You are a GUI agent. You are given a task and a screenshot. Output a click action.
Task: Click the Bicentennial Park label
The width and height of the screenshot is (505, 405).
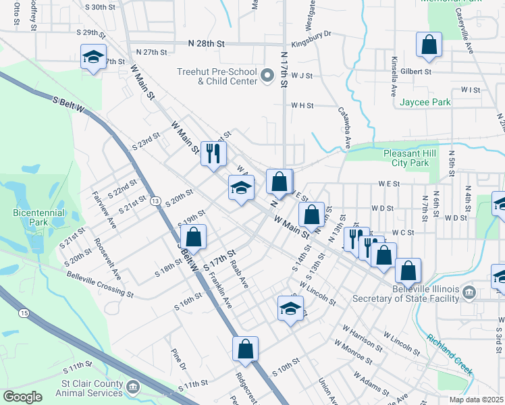[x=38, y=217]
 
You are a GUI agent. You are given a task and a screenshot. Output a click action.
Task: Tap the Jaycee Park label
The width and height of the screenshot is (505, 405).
[x=425, y=102]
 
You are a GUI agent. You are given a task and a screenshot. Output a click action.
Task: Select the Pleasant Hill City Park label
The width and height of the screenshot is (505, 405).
[x=415, y=158]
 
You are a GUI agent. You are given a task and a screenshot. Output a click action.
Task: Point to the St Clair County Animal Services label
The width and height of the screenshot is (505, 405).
[x=90, y=389]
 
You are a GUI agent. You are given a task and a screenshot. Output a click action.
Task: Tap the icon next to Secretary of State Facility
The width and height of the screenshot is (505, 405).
[x=469, y=292]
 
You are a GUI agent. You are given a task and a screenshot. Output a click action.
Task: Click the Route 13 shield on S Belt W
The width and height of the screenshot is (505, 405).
[x=156, y=201]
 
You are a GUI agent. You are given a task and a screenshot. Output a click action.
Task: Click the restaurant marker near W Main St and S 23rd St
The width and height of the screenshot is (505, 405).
[x=213, y=154]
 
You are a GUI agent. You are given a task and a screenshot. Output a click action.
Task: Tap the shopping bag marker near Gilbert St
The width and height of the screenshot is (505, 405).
[x=429, y=45]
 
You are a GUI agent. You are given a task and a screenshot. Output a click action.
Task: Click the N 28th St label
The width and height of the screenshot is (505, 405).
[x=206, y=43]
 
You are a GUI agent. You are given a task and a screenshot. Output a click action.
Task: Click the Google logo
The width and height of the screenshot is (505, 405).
[x=22, y=397]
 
